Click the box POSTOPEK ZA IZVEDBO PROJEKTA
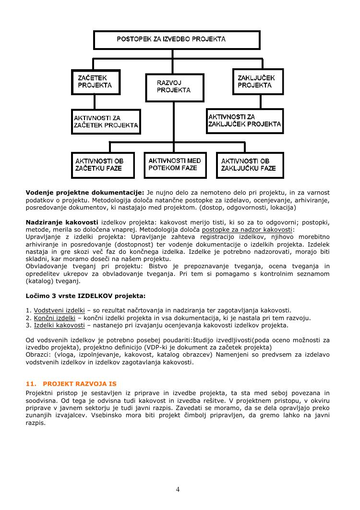tap(177, 40)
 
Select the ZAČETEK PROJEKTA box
tap(96, 82)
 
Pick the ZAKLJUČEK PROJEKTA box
tap(257, 82)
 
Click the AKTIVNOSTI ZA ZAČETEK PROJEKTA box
tap(106, 122)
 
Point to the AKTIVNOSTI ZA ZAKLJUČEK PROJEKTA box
tap(245, 121)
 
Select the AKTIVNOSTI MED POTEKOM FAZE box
tap(175, 164)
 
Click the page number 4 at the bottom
tap(178, 490)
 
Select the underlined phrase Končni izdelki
tap(54, 318)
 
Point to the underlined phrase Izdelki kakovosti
tap(59, 325)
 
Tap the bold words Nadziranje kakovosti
tap(62, 222)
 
